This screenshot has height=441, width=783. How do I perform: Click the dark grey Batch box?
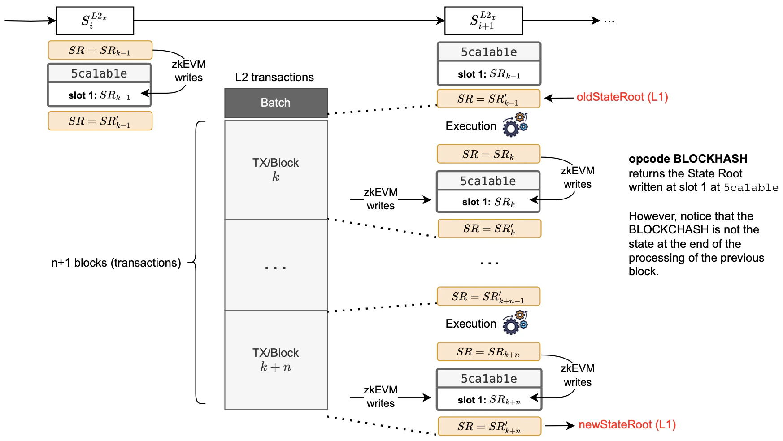point(276,103)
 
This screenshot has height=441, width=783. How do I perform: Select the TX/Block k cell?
point(276,169)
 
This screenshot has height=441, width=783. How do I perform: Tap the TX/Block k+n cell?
point(276,359)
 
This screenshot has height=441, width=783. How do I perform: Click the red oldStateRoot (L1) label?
point(622,97)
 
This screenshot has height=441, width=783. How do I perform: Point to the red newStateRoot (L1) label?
point(627,425)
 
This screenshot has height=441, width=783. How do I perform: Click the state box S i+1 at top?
point(483,21)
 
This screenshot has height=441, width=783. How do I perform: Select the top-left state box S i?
point(95,21)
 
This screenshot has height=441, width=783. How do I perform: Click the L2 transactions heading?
point(274,77)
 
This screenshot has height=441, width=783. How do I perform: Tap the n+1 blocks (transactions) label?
point(116,263)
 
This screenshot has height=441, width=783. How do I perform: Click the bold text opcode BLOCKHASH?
point(687,159)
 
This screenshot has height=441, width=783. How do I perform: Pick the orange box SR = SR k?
point(488,154)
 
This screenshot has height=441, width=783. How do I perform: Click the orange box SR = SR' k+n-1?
point(488,297)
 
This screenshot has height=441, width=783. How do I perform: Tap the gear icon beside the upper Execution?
point(515,125)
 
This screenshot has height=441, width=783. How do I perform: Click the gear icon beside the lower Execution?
point(515,323)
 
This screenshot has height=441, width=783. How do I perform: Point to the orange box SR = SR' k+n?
point(489,426)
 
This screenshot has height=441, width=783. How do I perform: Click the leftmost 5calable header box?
point(99,73)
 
